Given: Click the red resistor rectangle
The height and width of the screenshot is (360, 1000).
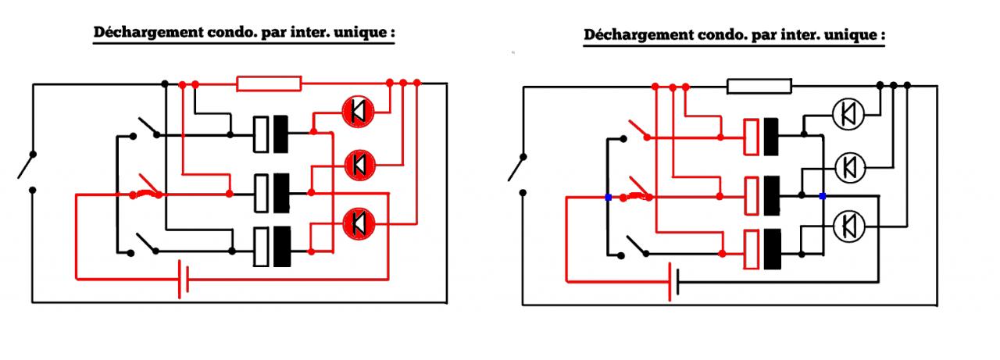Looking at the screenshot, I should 269,83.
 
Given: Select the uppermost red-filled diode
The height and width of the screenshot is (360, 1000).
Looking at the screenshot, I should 359,112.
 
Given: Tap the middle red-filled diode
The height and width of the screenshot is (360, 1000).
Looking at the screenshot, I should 359,164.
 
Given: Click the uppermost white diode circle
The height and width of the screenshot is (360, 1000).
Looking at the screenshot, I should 848,114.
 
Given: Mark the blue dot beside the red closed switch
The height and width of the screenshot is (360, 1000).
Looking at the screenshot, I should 608,197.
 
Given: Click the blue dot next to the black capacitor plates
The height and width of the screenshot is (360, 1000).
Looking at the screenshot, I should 822,196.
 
